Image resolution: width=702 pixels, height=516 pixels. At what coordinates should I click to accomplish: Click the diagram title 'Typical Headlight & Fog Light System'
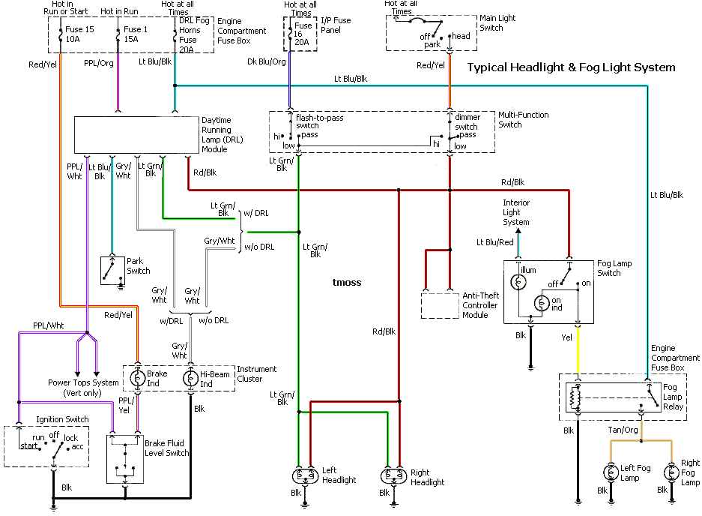tap(571, 67)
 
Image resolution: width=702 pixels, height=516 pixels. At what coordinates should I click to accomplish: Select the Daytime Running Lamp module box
tap(136, 135)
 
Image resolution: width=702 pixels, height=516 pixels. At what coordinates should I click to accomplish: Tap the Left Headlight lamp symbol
tap(305, 475)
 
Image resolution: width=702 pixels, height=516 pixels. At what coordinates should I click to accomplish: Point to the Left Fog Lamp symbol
tap(608, 473)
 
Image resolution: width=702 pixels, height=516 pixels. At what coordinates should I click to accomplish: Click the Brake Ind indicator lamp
tap(136, 379)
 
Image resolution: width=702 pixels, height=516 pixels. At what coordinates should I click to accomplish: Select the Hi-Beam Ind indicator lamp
tap(190, 379)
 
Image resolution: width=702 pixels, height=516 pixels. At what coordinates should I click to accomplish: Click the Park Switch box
tap(112, 271)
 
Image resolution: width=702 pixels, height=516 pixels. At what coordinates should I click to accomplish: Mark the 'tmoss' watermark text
tap(347, 283)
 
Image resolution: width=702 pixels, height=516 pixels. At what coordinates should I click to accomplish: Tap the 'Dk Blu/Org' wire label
tap(267, 61)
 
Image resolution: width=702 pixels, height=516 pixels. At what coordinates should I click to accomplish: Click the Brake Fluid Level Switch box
tap(124, 458)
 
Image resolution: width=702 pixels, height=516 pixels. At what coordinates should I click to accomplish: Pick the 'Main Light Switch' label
tap(497, 23)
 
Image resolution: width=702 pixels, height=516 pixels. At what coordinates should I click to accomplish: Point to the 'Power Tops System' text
tap(83, 382)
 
